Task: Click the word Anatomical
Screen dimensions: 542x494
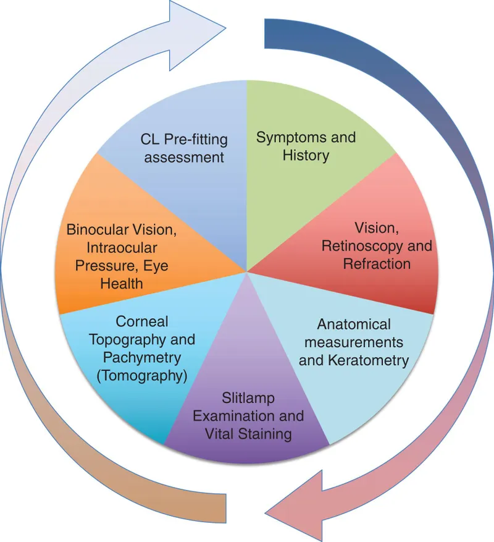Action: pos(354,324)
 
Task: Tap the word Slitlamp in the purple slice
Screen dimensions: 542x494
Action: pos(248,399)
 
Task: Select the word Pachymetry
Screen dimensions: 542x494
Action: pos(144,357)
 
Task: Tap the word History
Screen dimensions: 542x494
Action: pos(306,155)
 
